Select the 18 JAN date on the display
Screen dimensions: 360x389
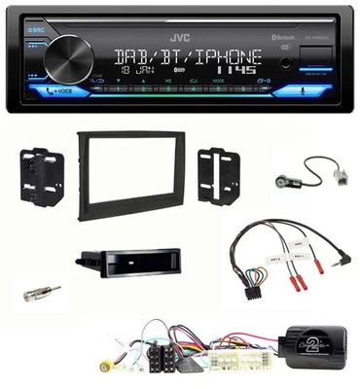(135, 71)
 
